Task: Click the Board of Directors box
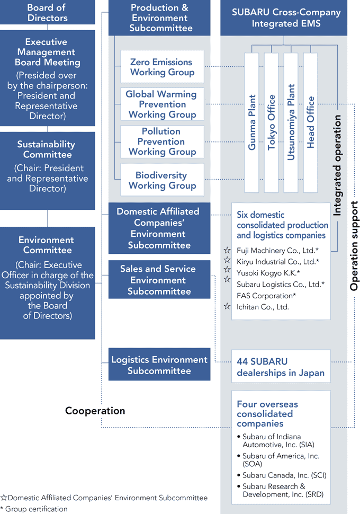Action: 48,12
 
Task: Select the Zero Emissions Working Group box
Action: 162,67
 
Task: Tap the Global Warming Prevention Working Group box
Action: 162,104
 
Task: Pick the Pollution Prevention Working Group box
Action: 162,141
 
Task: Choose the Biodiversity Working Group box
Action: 162,180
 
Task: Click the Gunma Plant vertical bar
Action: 251,122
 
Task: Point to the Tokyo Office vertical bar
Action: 271,122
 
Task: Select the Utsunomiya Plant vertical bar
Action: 291,122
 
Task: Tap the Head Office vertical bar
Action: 310,122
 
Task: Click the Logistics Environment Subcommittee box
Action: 159,364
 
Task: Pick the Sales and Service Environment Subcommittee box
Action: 159,280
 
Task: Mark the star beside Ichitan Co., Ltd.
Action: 227,306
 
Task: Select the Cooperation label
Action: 95,411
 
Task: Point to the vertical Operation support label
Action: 354,246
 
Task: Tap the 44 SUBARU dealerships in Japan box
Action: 281,366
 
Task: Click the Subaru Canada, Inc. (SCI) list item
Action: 284,475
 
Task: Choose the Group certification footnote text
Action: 34,509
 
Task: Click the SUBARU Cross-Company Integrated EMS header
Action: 284,17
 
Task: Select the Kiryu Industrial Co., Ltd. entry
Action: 278,262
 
